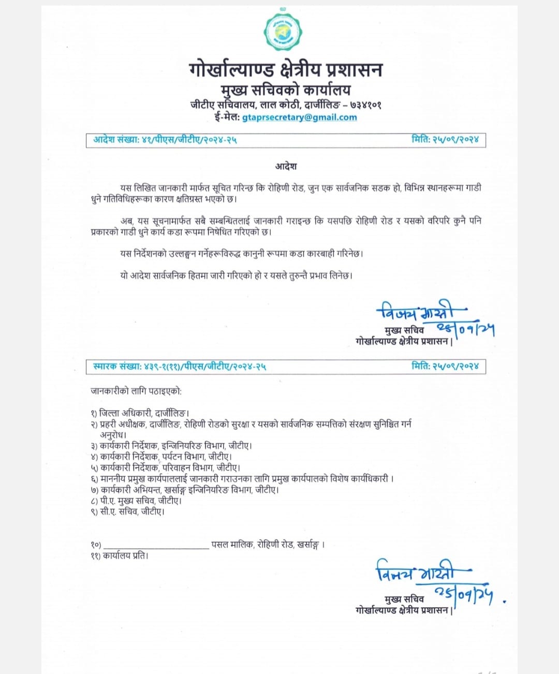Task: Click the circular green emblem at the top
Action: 283,32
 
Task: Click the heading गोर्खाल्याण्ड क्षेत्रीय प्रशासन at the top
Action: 286,70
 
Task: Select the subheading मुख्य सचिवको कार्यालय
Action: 286,90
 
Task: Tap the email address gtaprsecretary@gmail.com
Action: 299,118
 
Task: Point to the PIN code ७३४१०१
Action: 365,105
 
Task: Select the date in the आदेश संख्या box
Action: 455,140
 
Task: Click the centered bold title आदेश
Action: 286,167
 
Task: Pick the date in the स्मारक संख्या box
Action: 455,367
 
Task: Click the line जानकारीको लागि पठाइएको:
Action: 136,392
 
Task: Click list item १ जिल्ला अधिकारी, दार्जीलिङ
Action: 140,413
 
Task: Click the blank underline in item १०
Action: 156,546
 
